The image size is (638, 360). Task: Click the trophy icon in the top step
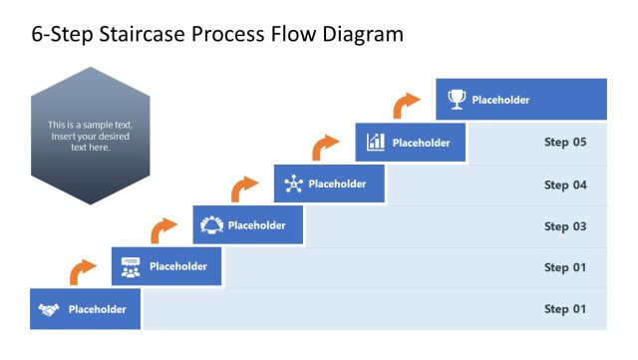click(457, 100)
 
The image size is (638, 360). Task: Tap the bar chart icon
click(376, 142)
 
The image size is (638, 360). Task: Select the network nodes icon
click(293, 183)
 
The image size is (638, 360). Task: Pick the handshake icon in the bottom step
click(49, 309)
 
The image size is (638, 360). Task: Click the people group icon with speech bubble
click(131, 266)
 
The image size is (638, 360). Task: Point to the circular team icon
click(211, 225)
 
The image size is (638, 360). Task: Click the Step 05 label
click(564, 143)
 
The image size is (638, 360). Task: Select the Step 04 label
click(564, 184)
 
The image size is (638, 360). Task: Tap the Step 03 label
click(564, 226)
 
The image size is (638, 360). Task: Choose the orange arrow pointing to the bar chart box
click(325, 147)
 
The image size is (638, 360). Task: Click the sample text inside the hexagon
click(90, 136)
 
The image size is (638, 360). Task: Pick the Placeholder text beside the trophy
click(500, 100)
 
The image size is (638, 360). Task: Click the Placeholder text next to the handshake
click(98, 309)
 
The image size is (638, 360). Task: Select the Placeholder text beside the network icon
click(338, 183)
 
